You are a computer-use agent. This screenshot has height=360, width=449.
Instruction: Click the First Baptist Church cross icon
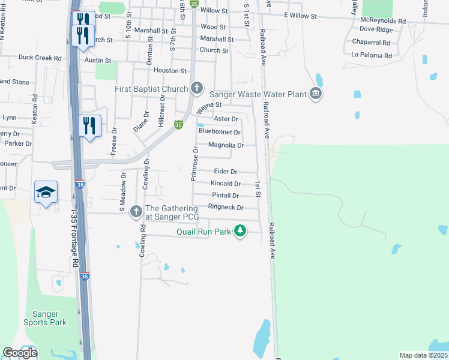196,89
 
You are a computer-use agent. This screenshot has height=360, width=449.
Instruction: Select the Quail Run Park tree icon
240,230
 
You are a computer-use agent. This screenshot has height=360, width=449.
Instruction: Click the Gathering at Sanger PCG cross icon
136,211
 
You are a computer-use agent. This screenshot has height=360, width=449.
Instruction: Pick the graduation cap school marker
46,192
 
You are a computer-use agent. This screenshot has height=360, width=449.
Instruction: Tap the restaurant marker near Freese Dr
89,126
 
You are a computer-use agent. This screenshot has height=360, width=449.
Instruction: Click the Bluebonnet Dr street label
219,132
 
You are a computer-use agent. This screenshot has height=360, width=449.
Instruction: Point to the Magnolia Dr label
226,145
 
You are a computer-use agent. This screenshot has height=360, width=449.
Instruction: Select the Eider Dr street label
226,172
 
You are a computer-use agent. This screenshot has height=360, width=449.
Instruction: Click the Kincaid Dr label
226,184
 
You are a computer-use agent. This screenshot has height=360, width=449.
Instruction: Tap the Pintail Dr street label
225,196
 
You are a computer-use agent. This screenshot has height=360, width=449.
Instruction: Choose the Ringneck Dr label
225,208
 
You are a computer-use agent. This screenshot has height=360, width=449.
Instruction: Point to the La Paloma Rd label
372,56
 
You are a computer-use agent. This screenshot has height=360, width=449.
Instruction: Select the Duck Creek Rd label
40,58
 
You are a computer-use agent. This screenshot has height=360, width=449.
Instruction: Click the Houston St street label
166,71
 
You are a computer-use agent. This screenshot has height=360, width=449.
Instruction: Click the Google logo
20,353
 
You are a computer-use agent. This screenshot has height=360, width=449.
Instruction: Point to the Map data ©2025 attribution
423,355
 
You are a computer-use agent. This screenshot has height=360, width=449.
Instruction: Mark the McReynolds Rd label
383,21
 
